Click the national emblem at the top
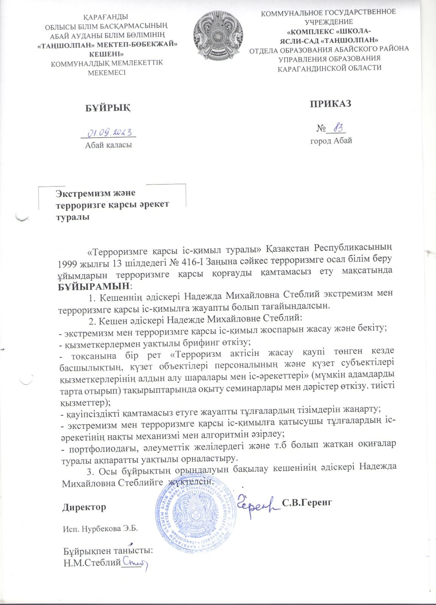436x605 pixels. (217, 37)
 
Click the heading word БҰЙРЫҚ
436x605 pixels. (108, 108)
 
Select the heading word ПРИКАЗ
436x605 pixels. (331, 104)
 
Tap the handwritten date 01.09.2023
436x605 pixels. (109, 132)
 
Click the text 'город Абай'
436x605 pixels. (331, 141)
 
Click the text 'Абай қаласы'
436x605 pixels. (109, 145)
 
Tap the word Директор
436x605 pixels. (84, 507)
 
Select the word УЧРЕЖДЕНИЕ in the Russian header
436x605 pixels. (329, 22)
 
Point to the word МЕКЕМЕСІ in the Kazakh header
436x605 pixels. (107, 72)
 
